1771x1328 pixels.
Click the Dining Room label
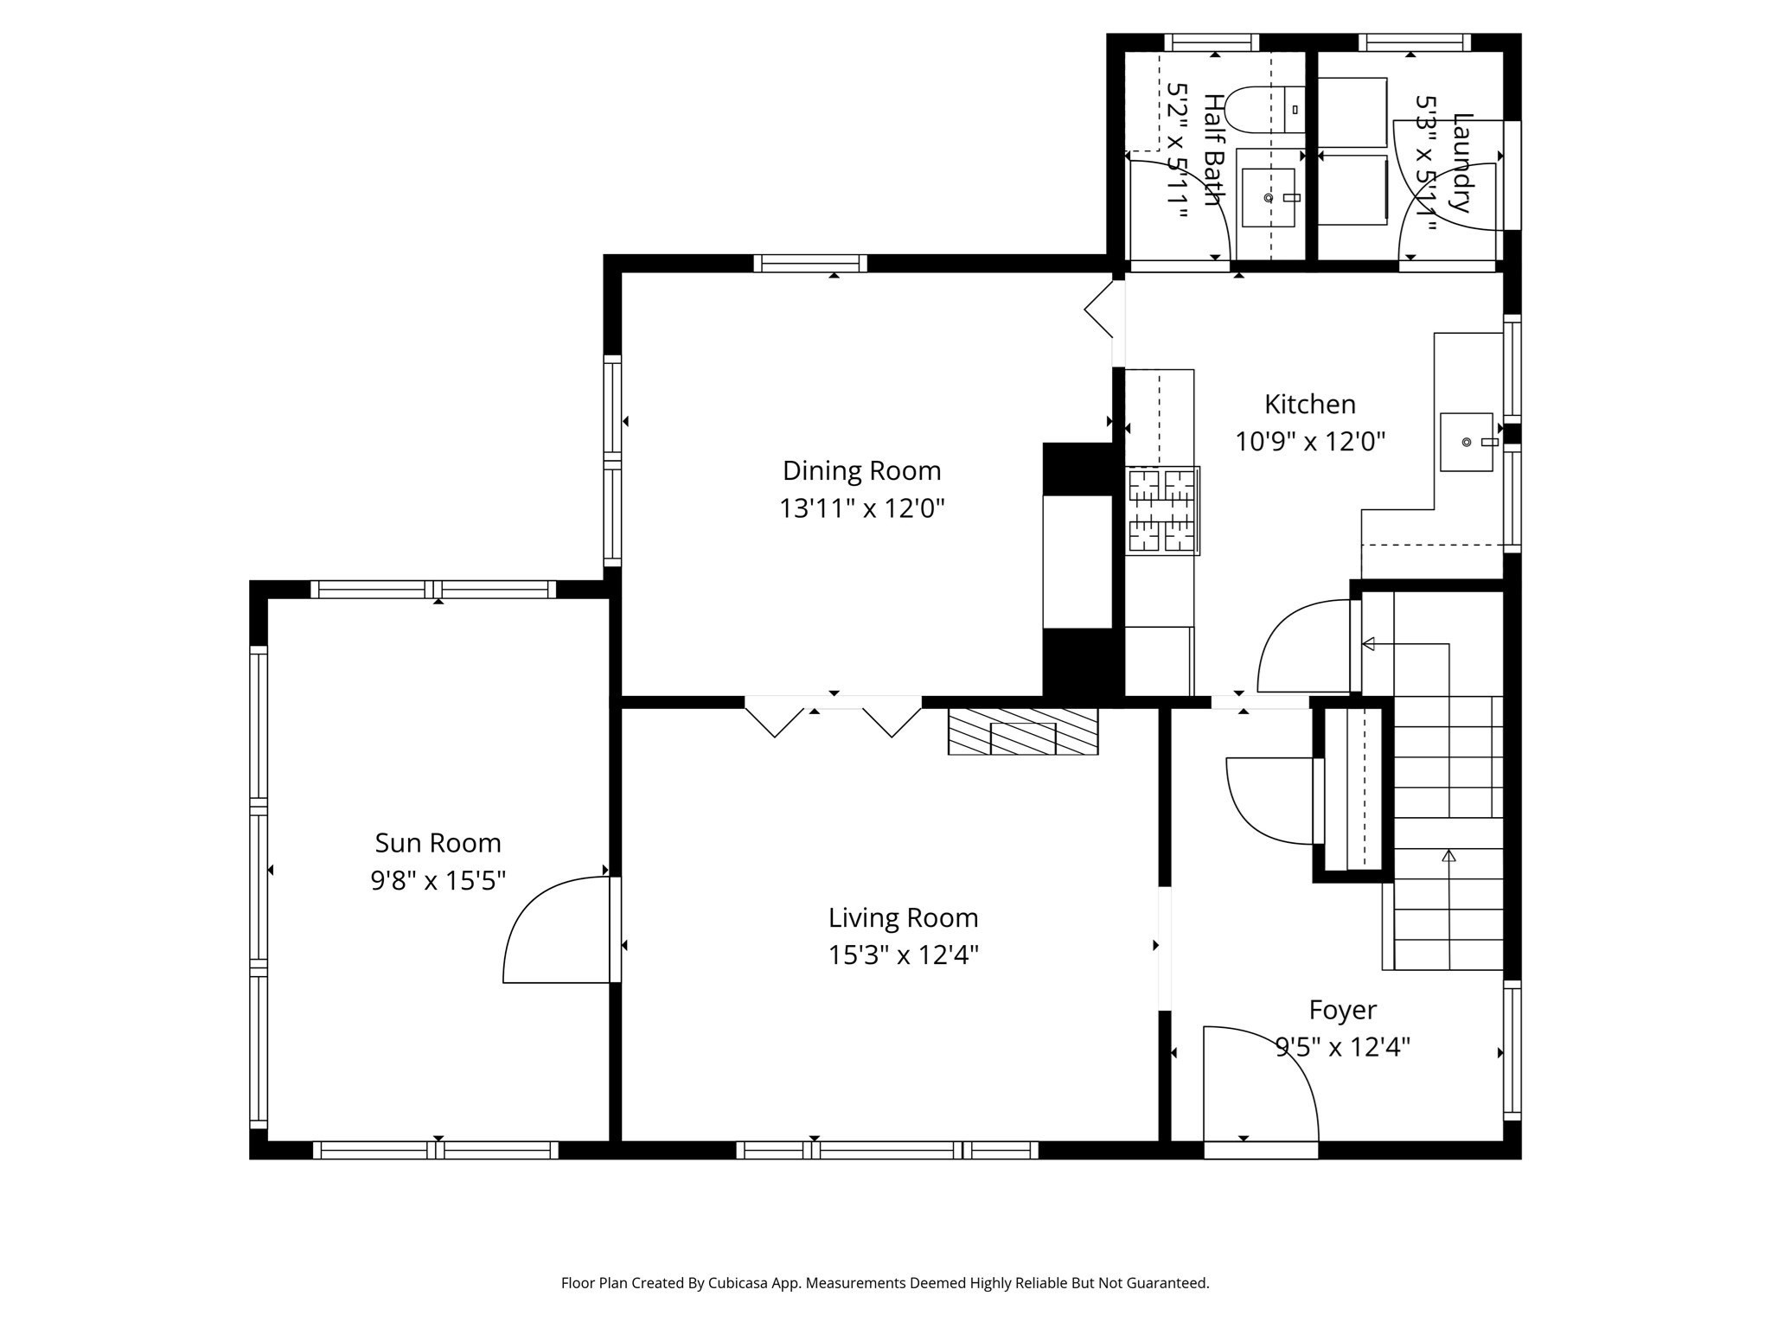tap(861, 470)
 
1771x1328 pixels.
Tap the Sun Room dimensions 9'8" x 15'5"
tap(438, 880)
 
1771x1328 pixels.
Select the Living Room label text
tap(903, 917)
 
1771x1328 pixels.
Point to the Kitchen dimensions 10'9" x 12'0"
tap(1309, 442)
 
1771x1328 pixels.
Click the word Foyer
tap(1342, 1010)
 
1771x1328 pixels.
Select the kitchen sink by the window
tap(1466, 442)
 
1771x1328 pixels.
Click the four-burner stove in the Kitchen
tap(1161, 510)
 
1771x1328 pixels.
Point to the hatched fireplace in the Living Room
tap(1022, 731)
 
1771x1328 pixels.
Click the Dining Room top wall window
tap(809, 263)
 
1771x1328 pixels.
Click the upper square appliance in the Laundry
tap(1352, 112)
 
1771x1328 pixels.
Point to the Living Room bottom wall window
tap(886, 1150)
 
